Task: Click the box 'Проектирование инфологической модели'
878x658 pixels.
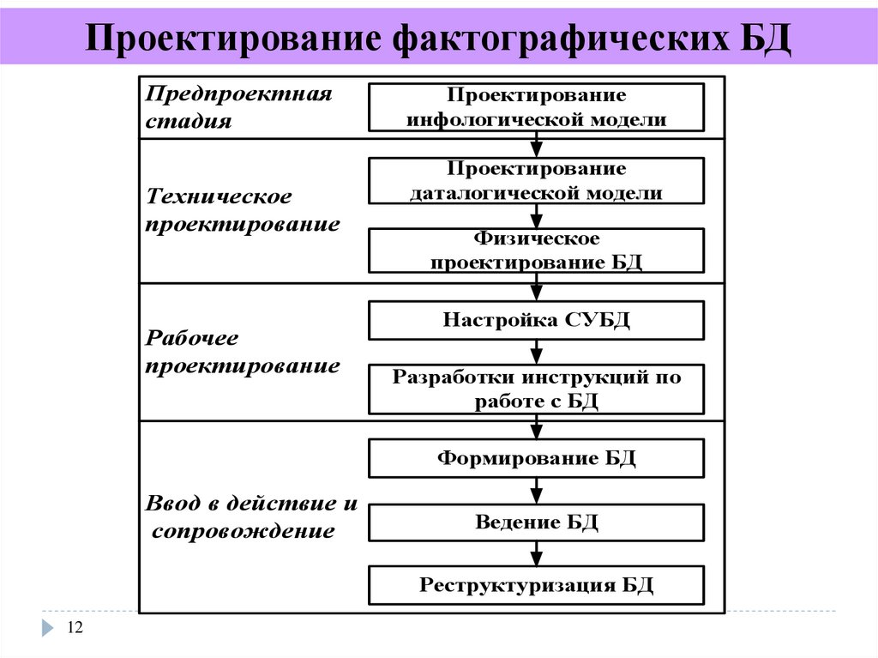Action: coord(536,106)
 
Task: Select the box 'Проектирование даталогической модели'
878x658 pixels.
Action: coord(536,180)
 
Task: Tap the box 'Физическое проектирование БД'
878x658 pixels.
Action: coord(536,250)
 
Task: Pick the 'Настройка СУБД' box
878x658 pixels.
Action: coord(536,320)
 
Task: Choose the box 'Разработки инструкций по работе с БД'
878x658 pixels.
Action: coord(536,389)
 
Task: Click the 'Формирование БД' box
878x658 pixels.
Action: coord(536,458)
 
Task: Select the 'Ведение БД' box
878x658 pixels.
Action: coord(536,522)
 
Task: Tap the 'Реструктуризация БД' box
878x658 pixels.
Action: coord(536,585)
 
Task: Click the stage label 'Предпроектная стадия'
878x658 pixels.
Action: coord(238,106)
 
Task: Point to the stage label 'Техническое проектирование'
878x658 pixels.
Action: coord(243,211)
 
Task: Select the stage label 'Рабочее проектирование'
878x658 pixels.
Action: coord(243,352)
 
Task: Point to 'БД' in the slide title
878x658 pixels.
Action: coord(762,39)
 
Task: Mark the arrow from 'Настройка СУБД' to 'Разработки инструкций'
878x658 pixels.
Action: coord(537,352)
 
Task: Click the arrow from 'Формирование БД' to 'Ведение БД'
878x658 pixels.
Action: coord(537,491)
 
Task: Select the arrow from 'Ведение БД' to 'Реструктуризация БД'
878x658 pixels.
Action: coord(537,554)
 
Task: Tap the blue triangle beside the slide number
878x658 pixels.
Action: coord(47,629)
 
